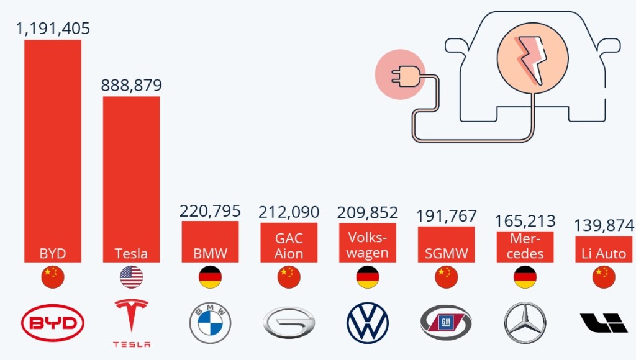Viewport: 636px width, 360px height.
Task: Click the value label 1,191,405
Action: pos(53,29)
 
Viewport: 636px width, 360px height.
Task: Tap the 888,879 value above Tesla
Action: pos(131,85)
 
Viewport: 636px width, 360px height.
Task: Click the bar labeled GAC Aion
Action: pos(289,243)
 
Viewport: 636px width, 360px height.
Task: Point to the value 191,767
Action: pos(447,216)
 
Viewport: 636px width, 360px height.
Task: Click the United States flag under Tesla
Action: pos(131,277)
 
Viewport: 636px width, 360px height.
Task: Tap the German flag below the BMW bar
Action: pos(210,277)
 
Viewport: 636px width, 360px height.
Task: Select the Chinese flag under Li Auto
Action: pos(604,277)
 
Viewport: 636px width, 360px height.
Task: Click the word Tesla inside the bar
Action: pos(131,253)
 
